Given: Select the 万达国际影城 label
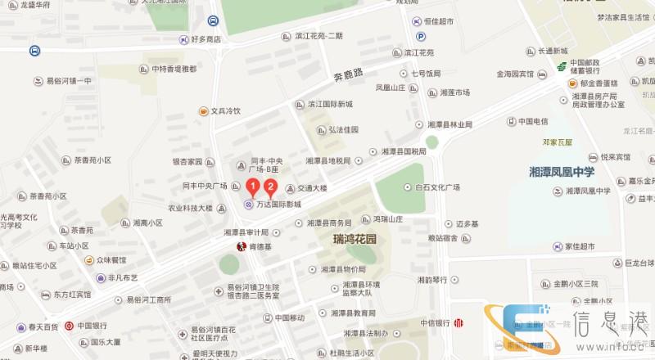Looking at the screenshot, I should pos(278,205).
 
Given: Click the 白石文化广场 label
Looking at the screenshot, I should pos(436,187).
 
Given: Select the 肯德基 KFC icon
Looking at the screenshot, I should pos(241,246).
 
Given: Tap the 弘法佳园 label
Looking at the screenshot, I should pos(344,129).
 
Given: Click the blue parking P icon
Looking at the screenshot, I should pos(421,37).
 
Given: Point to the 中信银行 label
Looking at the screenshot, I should pos(436,322).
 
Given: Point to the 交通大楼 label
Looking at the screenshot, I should pos(311,188).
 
